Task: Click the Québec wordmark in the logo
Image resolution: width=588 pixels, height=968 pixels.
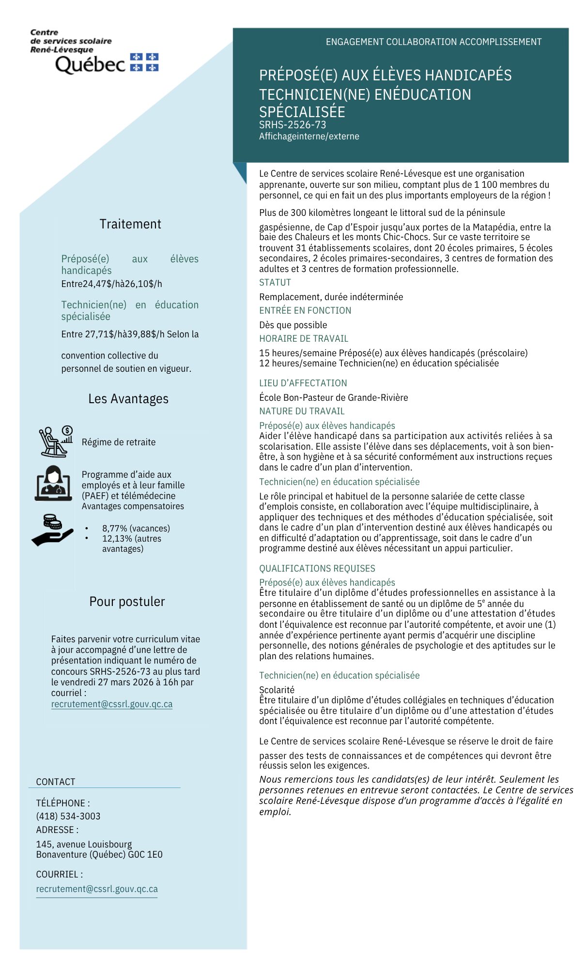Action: pyautogui.click(x=91, y=64)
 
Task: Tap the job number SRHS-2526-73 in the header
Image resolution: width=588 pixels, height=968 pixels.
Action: pyautogui.click(x=292, y=125)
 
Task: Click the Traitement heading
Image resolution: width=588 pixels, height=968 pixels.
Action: pyautogui.click(x=130, y=224)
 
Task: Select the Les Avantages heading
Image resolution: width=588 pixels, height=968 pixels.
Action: pyautogui.click(x=128, y=399)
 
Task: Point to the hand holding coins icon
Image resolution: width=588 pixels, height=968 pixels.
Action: pyautogui.click(x=52, y=530)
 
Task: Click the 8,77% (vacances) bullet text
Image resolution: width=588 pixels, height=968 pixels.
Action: pyautogui.click(x=136, y=528)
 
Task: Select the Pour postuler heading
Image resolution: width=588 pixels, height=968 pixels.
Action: pyautogui.click(x=127, y=602)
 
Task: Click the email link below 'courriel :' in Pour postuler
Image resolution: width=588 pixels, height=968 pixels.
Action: pyautogui.click(x=112, y=704)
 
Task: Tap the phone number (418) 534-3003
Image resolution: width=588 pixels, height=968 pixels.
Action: pyautogui.click(x=68, y=816)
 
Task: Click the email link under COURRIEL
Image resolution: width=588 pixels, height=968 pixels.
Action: pyautogui.click(x=97, y=889)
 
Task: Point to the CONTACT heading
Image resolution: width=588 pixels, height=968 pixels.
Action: pyautogui.click(x=56, y=782)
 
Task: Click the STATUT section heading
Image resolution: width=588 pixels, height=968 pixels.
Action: pyautogui.click(x=275, y=283)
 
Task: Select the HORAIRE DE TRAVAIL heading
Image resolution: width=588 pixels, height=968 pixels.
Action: pyautogui.click(x=304, y=339)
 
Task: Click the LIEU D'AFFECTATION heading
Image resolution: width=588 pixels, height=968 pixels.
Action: pyautogui.click(x=303, y=383)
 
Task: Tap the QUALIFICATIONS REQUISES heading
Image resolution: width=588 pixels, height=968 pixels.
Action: pyautogui.click(x=317, y=569)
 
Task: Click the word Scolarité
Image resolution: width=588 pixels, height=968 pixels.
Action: pyautogui.click(x=277, y=690)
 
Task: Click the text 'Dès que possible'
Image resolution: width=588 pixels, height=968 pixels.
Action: pyautogui.click(x=293, y=325)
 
